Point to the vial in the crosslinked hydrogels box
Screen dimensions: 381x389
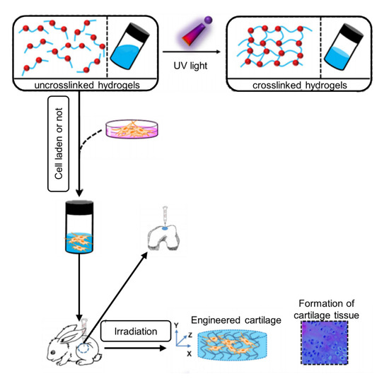click(348, 42)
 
